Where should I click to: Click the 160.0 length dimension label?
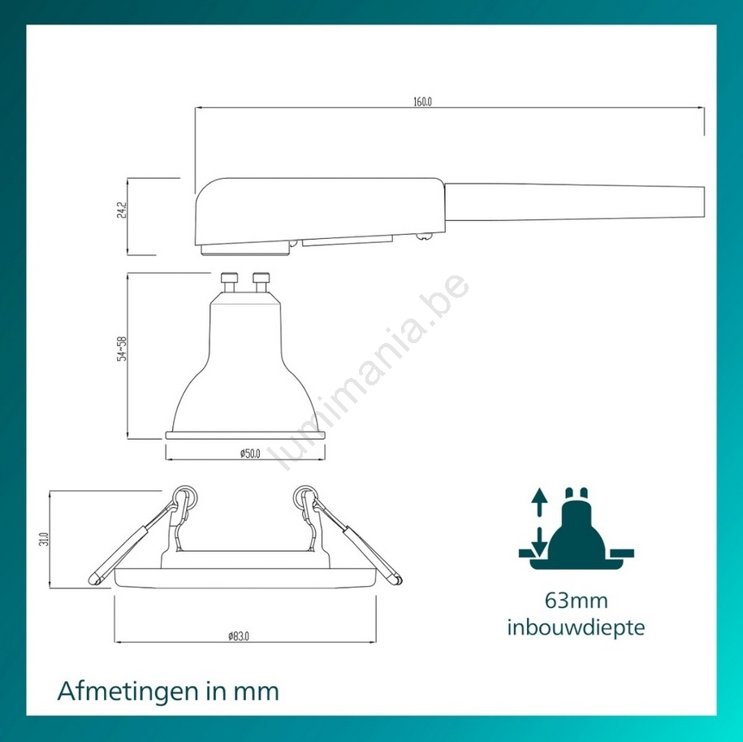tap(423, 102)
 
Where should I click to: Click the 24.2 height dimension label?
tap(122, 210)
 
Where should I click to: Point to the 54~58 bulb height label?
tap(122, 349)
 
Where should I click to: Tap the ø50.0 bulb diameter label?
tap(250, 453)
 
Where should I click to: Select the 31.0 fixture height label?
tap(44, 539)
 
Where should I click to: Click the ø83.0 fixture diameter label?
tap(239, 636)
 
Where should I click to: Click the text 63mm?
tap(576, 601)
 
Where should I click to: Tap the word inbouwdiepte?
tap(577, 627)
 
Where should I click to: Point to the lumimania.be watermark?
tap(370, 371)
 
